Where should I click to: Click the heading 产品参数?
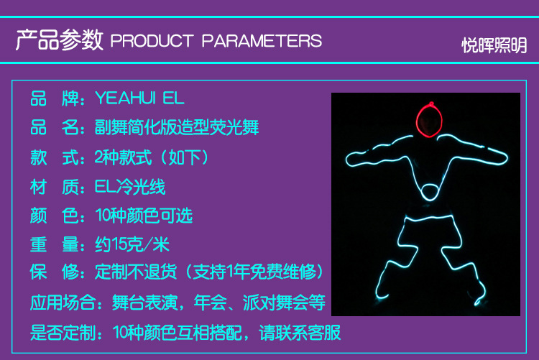(60, 40)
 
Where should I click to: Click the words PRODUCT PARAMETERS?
(216, 41)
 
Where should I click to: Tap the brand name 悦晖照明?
(494, 45)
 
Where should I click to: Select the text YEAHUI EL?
(139, 98)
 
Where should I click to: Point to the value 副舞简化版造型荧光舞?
(177, 128)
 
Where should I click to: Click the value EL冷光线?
(130, 187)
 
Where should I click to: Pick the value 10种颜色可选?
(144, 216)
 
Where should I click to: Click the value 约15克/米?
(132, 244)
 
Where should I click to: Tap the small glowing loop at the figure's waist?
(429, 192)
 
